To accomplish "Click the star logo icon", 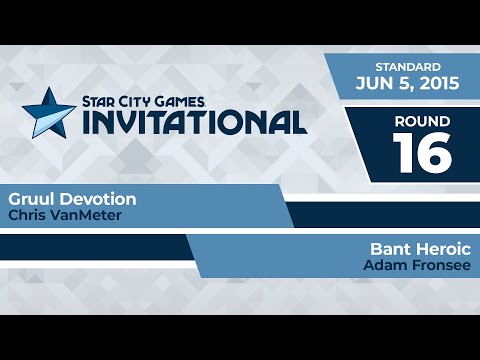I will (x=46, y=109).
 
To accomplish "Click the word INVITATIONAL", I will (x=194, y=122).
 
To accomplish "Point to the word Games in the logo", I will (x=182, y=101).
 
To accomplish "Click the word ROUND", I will (x=421, y=122).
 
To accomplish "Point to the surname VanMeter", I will (x=77, y=215).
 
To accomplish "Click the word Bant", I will (x=388, y=248).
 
